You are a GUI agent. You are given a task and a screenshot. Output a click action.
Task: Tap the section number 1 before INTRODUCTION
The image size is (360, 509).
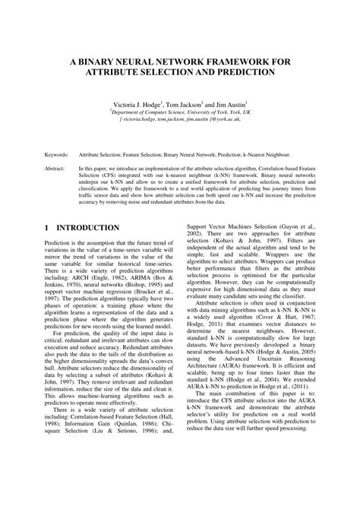pos(48,228)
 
